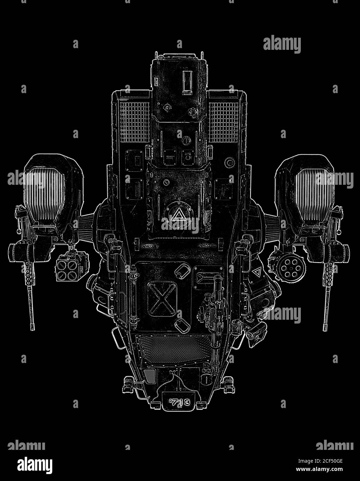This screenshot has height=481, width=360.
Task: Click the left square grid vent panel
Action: click(134, 122)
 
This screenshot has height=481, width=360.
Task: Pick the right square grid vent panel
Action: click(224, 122)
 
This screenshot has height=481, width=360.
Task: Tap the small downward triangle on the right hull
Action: click(256, 272)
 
